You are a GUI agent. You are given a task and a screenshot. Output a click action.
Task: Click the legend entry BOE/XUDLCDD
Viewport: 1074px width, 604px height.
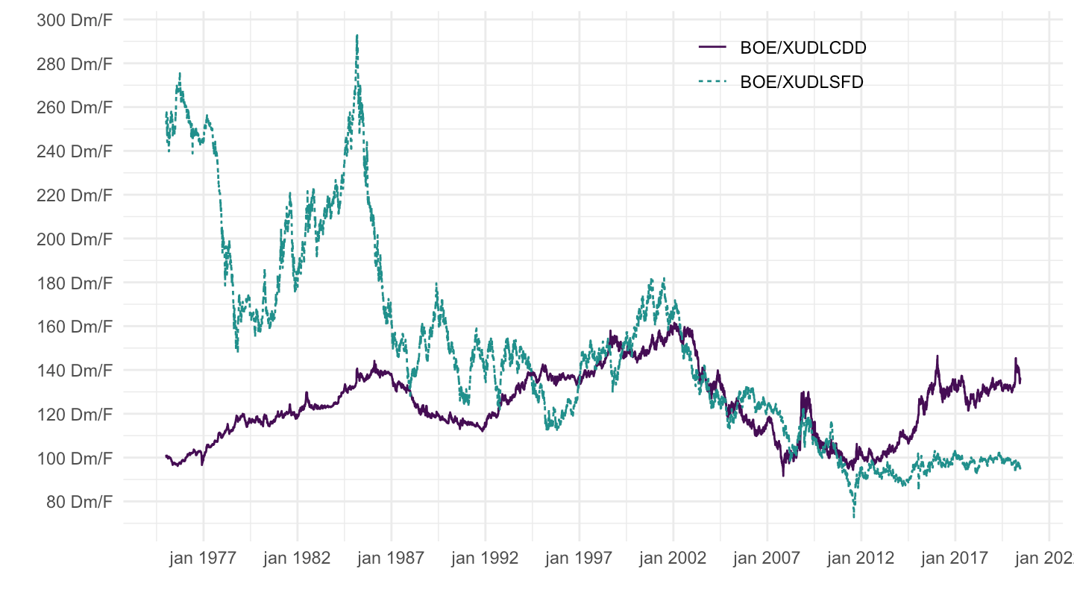click(x=803, y=48)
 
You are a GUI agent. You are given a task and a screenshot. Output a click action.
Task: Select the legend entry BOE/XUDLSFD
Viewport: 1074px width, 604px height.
click(x=801, y=82)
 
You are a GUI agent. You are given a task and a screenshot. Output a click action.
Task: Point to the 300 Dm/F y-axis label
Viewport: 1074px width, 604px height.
click(x=74, y=20)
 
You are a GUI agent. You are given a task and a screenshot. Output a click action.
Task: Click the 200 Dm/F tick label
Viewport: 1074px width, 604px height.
click(x=74, y=239)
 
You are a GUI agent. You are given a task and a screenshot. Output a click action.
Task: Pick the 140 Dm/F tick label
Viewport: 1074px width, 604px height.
click(x=74, y=370)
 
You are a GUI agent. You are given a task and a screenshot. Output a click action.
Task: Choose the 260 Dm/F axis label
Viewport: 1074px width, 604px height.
click(x=74, y=107)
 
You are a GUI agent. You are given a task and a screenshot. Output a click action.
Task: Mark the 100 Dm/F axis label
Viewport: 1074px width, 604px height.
click(x=74, y=457)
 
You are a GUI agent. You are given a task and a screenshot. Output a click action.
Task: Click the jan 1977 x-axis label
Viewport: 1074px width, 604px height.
click(x=204, y=559)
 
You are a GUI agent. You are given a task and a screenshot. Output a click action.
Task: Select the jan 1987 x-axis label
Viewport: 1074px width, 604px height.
click(x=392, y=559)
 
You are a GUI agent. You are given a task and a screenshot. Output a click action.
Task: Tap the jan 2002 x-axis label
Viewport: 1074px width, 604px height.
click(x=673, y=559)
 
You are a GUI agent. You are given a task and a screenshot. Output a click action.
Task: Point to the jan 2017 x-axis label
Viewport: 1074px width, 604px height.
click(x=955, y=559)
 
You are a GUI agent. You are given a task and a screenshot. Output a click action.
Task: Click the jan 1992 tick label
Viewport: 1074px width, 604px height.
click(x=486, y=559)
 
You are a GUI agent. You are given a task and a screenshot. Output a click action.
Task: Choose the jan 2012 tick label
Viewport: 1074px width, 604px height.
click(x=861, y=559)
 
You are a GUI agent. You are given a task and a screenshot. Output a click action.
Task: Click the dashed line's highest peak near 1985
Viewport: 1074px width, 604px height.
click(x=357, y=35)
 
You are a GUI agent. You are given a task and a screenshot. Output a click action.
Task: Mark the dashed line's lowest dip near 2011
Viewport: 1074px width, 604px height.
click(x=853, y=517)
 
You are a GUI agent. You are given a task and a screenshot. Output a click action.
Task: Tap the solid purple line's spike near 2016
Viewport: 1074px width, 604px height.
click(x=937, y=356)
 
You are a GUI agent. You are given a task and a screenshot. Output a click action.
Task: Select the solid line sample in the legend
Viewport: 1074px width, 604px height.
click(x=712, y=48)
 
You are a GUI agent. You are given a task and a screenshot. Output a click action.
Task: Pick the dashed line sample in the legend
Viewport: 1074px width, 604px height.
click(x=712, y=82)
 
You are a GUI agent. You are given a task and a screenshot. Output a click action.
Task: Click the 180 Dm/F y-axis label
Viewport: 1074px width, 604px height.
click(x=74, y=283)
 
